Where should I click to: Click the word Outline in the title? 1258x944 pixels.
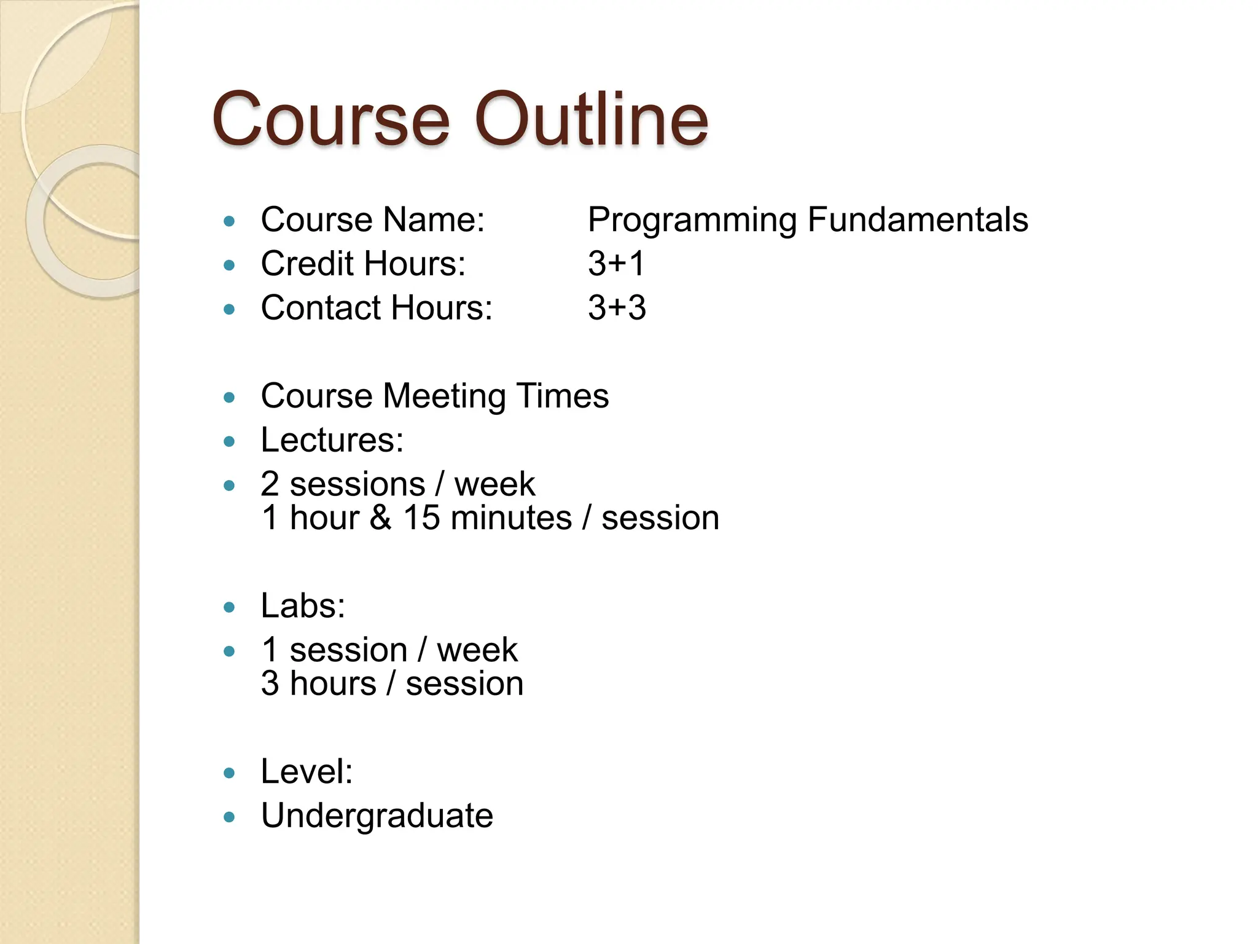pyautogui.click(x=592, y=119)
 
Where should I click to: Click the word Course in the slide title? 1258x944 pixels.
pyautogui.click(x=331, y=119)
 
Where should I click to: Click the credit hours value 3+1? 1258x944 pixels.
pyautogui.click(x=616, y=264)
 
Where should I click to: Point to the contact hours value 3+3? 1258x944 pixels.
pyautogui.click(x=617, y=308)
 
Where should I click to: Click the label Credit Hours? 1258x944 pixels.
pyautogui.click(x=363, y=264)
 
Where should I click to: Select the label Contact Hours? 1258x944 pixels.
pyautogui.click(x=377, y=308)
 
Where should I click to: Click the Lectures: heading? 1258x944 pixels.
pyautogui.click(x=332, y=440)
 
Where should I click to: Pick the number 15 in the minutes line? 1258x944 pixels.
pyautogui.click(x=421, y=517)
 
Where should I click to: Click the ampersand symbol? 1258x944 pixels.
pyautogui.click(x=380, y=517)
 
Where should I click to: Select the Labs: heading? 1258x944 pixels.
pyautogui.click(x=303, y=606)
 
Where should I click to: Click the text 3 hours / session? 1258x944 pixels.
pyautogui.click(x=392, y=683)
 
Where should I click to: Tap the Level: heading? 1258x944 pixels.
pyautogui.click(x=307, y=771)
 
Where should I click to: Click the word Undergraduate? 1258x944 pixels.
pyautogui.click(x=377, y=816)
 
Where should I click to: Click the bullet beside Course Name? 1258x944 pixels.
pyautogui.click(x=230, y=221)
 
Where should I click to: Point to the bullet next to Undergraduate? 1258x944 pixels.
pyautogui.click(x=230, y=817)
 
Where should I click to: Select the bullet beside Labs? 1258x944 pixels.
pyautogui.click(x=230, y=608)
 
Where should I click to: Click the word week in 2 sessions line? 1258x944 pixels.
pyautogui.click(x=494, y=484)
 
